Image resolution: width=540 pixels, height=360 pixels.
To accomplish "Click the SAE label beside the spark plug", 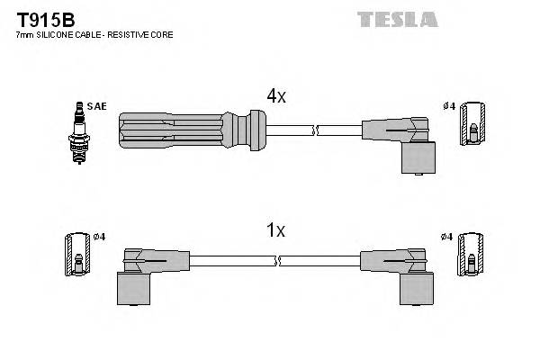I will [x=96, y=106].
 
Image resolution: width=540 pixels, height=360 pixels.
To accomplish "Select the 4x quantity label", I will [x=275, y=96].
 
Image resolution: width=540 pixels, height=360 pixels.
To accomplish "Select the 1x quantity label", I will [x=275, y=230].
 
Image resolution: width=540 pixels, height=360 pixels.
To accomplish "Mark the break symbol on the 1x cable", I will [x=280, y=261].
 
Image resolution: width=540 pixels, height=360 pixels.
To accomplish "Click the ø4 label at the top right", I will [x=447, y=106].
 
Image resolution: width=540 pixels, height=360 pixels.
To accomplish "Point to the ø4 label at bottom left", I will [x=99, y=237].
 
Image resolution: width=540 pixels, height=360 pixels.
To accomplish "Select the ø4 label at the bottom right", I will [x=447, y=237].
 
